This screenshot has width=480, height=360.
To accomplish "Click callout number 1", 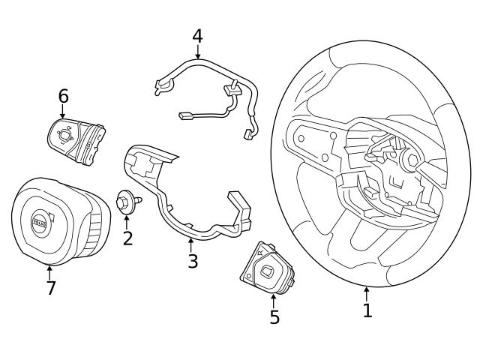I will click(367, 310).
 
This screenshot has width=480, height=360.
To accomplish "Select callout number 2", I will click(127, 238).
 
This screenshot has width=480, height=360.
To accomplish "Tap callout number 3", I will click(193, 261).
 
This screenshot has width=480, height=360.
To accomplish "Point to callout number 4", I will click(197, 35).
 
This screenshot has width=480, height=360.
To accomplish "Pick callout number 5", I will click(274, 317).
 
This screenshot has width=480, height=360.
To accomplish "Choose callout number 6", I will click(63, 96).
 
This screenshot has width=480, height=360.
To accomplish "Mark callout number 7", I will click(51, 288).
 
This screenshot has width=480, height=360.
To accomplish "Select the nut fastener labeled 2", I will click(126, 201).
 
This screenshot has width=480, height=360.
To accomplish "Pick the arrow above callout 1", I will click(367, 293).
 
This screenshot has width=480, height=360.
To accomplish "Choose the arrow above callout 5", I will click(274, 300).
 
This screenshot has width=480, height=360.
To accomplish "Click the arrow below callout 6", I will click(63, 111).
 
